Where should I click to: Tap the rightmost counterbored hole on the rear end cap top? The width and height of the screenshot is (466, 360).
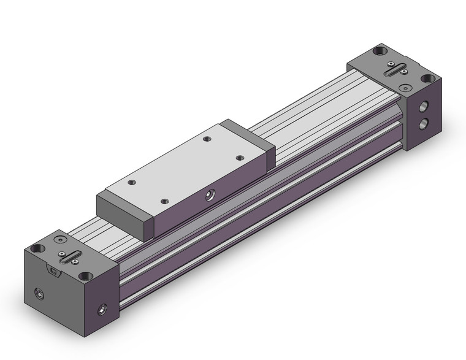(429, 79)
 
